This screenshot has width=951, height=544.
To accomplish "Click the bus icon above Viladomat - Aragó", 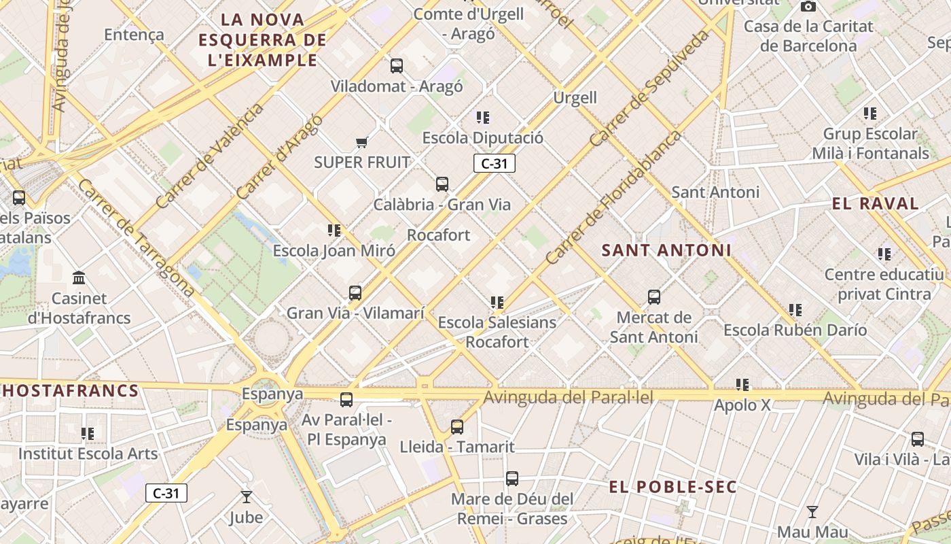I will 397,66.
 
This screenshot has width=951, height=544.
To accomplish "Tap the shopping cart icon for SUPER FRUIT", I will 362,142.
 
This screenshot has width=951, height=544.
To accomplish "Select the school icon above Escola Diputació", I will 483,118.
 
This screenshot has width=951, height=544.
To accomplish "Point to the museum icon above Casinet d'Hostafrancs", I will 79,278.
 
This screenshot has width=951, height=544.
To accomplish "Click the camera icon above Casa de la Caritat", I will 808,7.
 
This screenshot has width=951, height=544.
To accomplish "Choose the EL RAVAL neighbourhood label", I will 875,203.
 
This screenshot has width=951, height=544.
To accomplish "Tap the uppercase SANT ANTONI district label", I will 666,250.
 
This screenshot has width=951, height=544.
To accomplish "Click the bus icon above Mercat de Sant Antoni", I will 654,297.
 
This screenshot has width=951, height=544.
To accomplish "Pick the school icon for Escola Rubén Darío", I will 795,310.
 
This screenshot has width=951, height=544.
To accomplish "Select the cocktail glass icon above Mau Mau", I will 812,512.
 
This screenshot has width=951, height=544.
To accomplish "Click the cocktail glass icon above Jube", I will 246,497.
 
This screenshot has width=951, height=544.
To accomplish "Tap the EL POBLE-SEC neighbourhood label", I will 672,487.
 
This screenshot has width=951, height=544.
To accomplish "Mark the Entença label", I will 134,35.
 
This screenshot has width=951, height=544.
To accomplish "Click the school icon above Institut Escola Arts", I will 88,433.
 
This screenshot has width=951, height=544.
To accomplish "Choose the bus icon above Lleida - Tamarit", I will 457,427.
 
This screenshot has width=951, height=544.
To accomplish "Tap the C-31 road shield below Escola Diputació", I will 495,163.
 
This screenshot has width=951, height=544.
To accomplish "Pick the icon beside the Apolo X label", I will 742,385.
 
